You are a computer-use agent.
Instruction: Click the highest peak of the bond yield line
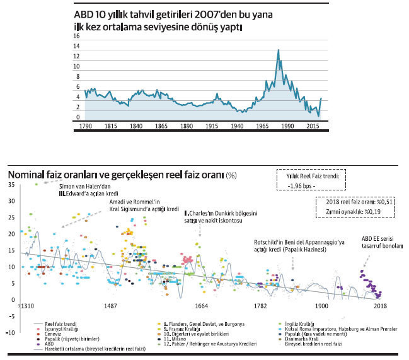[278, 50]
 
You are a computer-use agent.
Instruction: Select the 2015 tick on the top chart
[313, 127]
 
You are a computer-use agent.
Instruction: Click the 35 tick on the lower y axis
[12, 185]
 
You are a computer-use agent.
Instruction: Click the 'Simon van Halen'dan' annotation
[85, 187]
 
